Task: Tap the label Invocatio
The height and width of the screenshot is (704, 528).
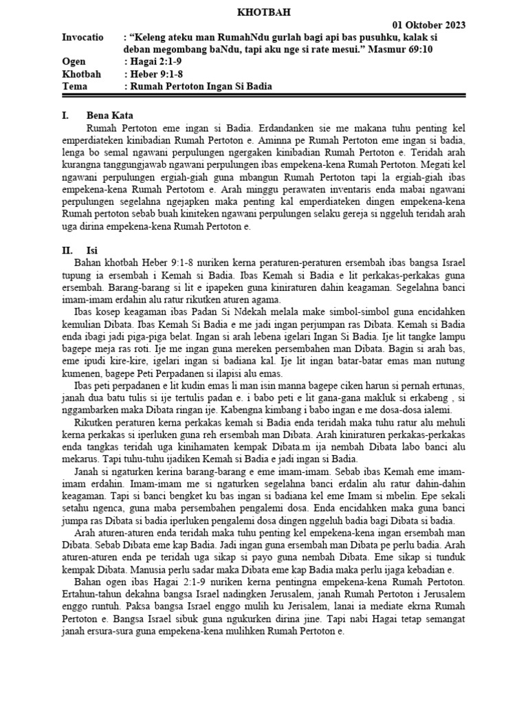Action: click(x=82, y=38)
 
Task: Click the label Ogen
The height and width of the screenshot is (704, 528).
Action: click(x=74, y=62)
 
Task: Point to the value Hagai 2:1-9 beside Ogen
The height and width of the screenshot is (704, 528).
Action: click(x=154, y=62)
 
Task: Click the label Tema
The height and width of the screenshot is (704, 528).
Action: click(x=75, y=86)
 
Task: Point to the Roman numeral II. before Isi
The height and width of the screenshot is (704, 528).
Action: click(x=67, y=251)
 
